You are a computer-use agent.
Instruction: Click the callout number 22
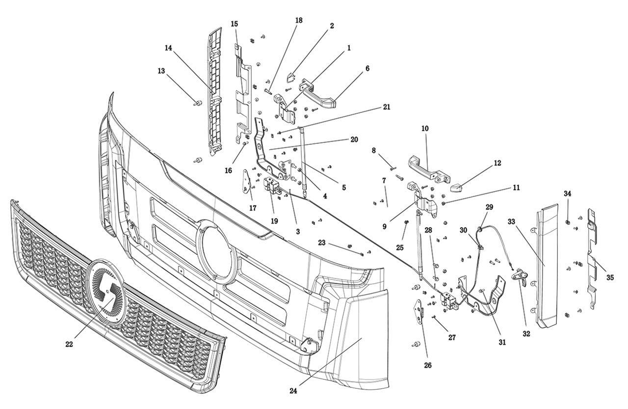pyautogui.click(x=69, y=344)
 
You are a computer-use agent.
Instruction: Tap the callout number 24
pyautogui.click(x=293, y=391)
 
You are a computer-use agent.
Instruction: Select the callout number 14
pyautogui.click(x=168, y=48)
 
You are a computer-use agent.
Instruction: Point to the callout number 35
pyautogui.click(x=610, y=277)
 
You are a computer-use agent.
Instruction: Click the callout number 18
pyautogui.click(x=299, y=20)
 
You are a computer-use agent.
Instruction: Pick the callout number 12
pyautogui.click(x=497, y=163)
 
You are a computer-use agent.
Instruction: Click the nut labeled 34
pyautogui.click(x=568, y=222)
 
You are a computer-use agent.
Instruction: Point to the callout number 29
pyautogui.click(x=489, y=207)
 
